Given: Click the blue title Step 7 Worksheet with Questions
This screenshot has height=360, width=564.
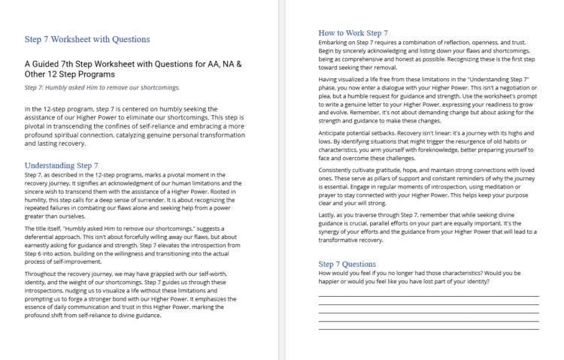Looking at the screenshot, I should [x=86, y=39].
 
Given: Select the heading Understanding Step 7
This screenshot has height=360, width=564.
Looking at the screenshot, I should [x=61, y=165].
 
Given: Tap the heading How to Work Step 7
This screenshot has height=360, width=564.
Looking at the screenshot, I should [x=353, y=33].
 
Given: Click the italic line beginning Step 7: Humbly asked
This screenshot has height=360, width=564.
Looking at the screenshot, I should [x=102, y=87].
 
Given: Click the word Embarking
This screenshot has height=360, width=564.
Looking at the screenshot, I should [x=335, y=42].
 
